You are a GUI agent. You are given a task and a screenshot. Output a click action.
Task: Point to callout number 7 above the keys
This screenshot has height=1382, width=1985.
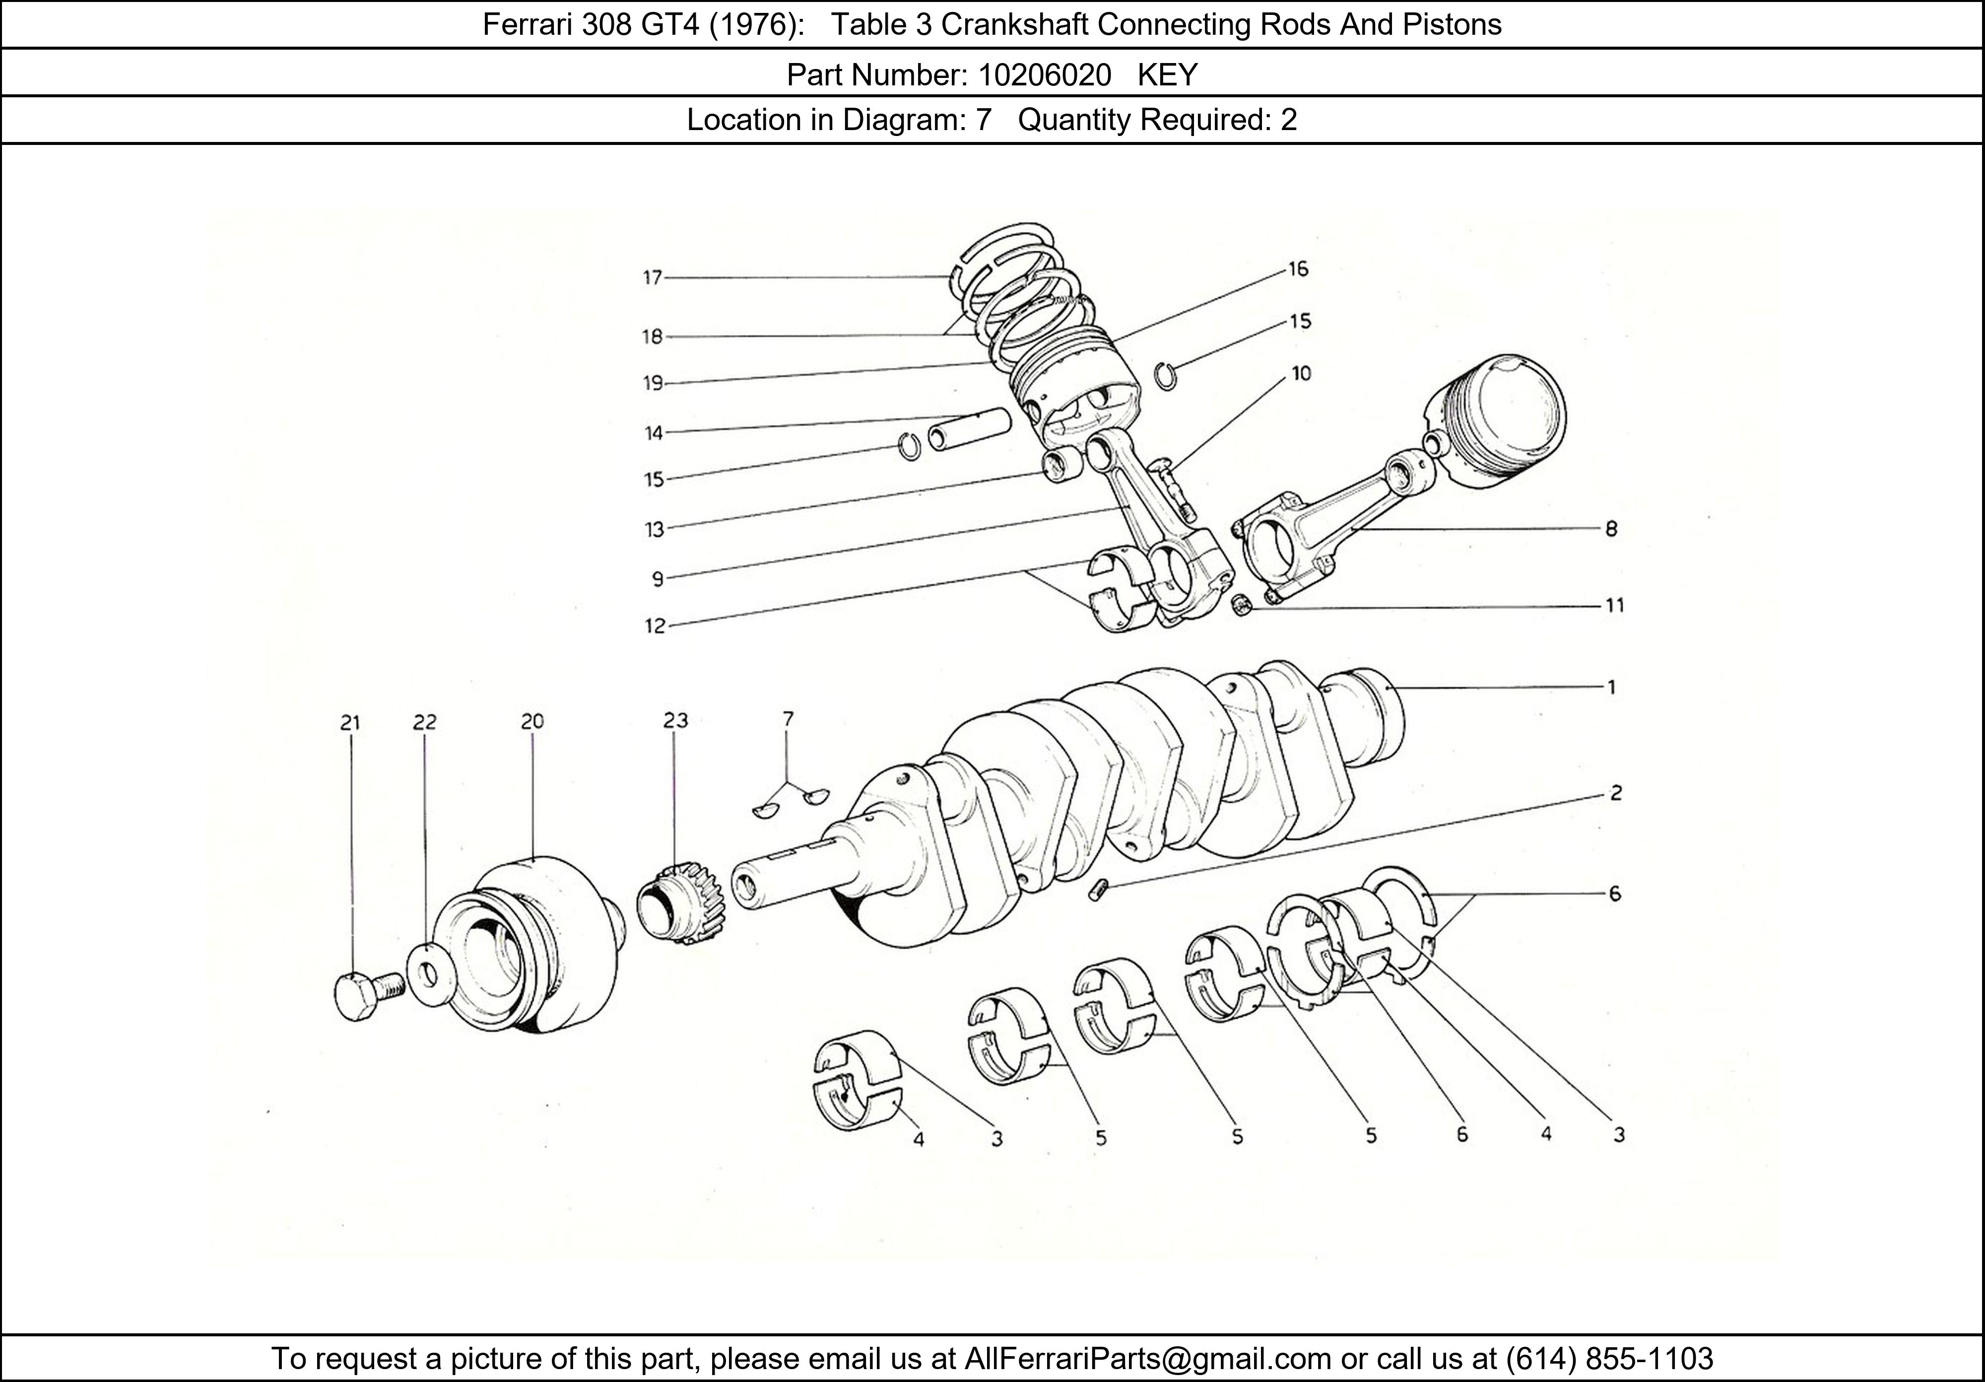(787, 719)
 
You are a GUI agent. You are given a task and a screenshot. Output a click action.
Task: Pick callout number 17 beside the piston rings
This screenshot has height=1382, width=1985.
(652, 277)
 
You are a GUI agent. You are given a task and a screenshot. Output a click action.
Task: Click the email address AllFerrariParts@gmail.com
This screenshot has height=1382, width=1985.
(1147, 1359)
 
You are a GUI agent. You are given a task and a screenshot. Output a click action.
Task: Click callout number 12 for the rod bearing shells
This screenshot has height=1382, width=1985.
(655, 626)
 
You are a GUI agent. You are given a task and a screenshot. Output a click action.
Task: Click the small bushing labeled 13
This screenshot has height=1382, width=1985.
(1061, 465)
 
